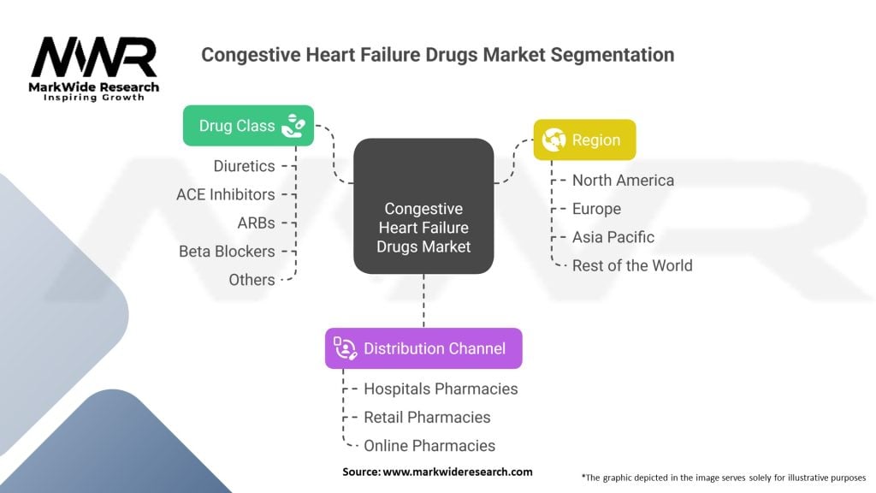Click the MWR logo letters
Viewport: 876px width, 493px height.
94,57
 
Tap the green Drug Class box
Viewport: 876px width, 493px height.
249,126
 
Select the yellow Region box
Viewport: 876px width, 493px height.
584,140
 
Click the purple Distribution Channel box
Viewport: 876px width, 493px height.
423,348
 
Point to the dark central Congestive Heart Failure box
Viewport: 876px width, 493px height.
423,206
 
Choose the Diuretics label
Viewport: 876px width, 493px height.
244,166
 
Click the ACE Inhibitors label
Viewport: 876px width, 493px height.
226,194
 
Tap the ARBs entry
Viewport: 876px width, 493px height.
256,223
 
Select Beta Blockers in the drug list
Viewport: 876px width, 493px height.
227,252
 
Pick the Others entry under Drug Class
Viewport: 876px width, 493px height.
252,280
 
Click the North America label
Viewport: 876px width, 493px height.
623,180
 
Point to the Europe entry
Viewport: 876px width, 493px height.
596,209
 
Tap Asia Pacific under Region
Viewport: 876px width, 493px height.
613,237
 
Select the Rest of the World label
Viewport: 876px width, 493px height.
632,265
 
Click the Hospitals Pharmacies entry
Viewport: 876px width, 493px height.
441,389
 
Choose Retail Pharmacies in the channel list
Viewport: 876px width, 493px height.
427,418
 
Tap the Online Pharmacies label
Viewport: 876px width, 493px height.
429,446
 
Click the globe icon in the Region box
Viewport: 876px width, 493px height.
553,140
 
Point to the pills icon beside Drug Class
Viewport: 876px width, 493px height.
293,126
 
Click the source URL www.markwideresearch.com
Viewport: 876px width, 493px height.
458,472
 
